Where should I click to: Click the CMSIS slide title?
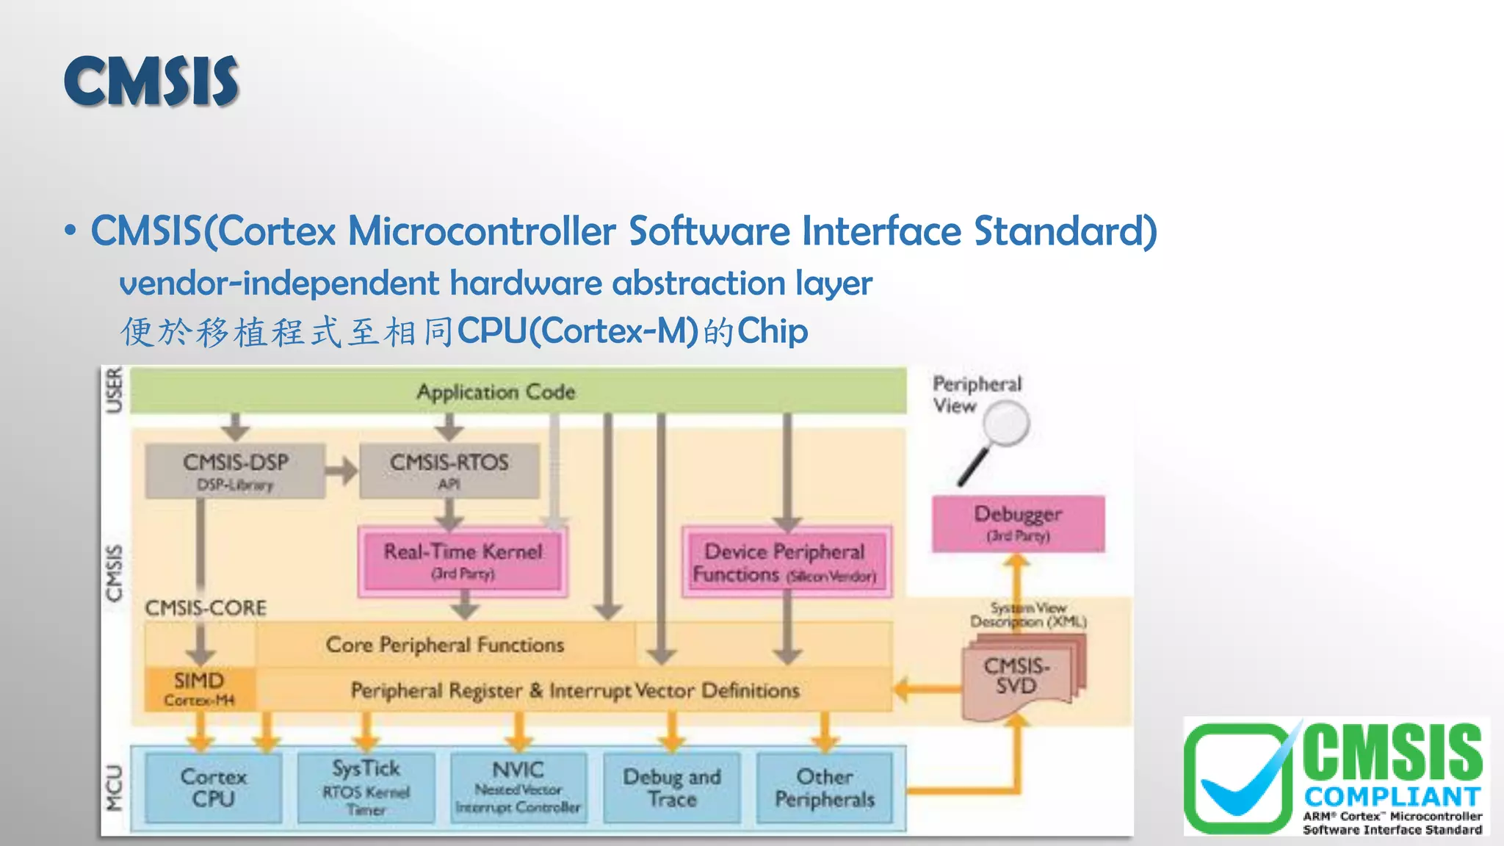tap(151, 82)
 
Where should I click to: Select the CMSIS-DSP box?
tap(235, 471)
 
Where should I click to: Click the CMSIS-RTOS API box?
tap(449, 471)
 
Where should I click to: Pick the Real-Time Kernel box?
tap(463, 560)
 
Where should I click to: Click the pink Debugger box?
tap(1018, 523)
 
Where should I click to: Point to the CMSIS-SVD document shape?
tap(1017, 676)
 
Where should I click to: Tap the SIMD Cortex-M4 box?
tap(199, 688)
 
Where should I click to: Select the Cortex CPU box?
tap(213, 787)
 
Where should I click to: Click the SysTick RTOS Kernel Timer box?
tap(366, 787)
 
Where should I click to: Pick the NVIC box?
tap(518, 787)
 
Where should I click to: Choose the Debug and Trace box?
tap(671, 787)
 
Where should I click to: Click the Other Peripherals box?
tap(825, 787)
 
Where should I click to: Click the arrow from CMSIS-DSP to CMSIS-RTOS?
tap(341, 471)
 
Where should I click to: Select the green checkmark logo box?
tap(1238, 778)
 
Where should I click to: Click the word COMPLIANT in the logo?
tap(1392, 797)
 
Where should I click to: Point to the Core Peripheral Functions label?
tap(445, 645)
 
